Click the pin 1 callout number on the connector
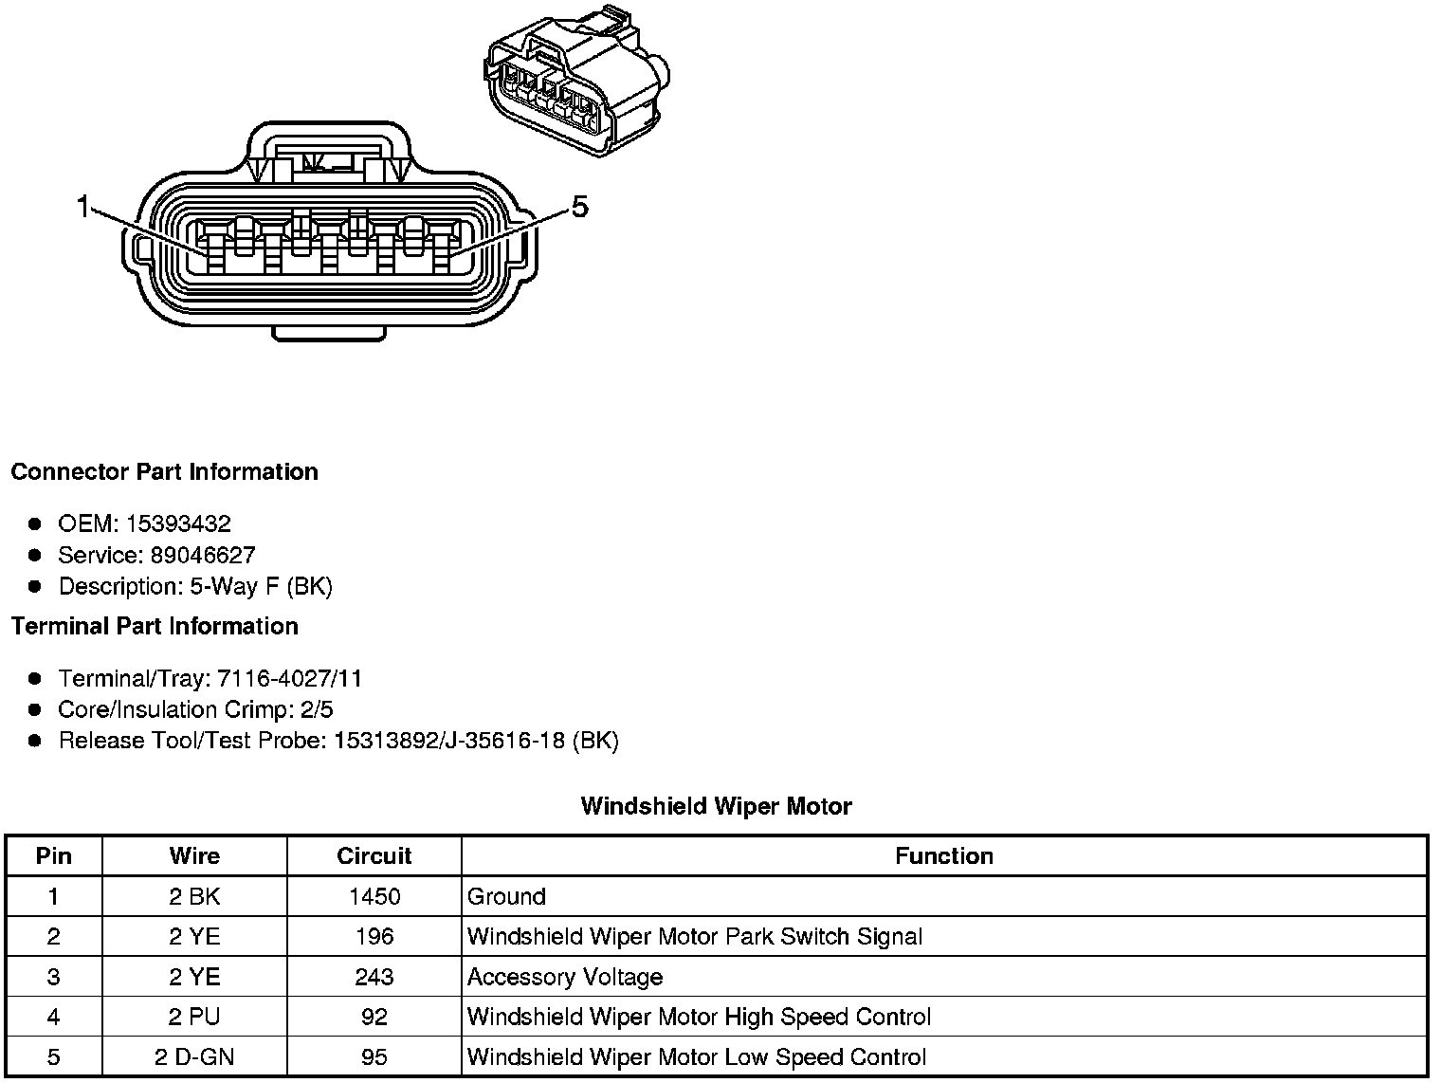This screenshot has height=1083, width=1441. point(83,206)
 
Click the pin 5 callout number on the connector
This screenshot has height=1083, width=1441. point(579,206)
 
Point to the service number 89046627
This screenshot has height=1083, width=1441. point(203,555)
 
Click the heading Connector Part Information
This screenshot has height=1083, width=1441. point(164,471)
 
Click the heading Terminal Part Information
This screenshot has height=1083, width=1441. point(155,626)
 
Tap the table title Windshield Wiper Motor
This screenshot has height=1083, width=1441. point(716,806)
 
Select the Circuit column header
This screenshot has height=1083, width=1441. point(374,855)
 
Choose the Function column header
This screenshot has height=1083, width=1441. point(943,855)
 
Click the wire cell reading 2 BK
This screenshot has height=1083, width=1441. point(194,896)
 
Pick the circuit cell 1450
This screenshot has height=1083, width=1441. point(374,896)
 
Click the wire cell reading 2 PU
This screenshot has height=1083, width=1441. point(194,1017)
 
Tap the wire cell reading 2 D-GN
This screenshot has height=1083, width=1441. point(194,1056)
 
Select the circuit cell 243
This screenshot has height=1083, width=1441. point(374,977)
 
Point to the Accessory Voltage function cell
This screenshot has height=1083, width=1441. point(565,977)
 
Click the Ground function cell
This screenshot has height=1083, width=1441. point(506,896)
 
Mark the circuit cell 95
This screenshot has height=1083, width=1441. point(374,1056)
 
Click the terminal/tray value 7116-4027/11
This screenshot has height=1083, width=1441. point(289,678)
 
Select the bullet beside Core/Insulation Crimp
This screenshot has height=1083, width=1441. point(35,709)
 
